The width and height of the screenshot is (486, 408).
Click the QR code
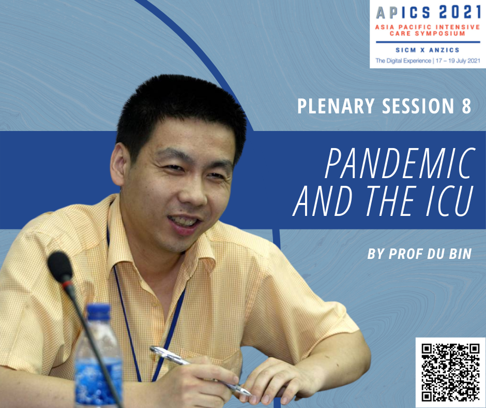450,372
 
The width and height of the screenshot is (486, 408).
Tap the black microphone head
60,267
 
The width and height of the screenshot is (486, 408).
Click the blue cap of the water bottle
99,312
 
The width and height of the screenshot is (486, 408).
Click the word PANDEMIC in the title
400,163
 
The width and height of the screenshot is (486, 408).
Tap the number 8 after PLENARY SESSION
466,106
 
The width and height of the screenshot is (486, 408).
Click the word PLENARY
336,106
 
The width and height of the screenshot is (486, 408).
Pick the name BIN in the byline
461,254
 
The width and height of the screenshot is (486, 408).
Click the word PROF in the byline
405,254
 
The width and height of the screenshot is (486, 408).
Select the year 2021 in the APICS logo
460,12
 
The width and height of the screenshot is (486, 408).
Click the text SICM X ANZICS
428,50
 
